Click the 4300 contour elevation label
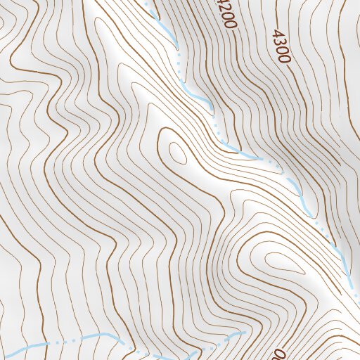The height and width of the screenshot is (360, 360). click(279, 46)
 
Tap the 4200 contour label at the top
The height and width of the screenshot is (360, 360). click(226, 14)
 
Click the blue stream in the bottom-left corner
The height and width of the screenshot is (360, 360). click(42, 344)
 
